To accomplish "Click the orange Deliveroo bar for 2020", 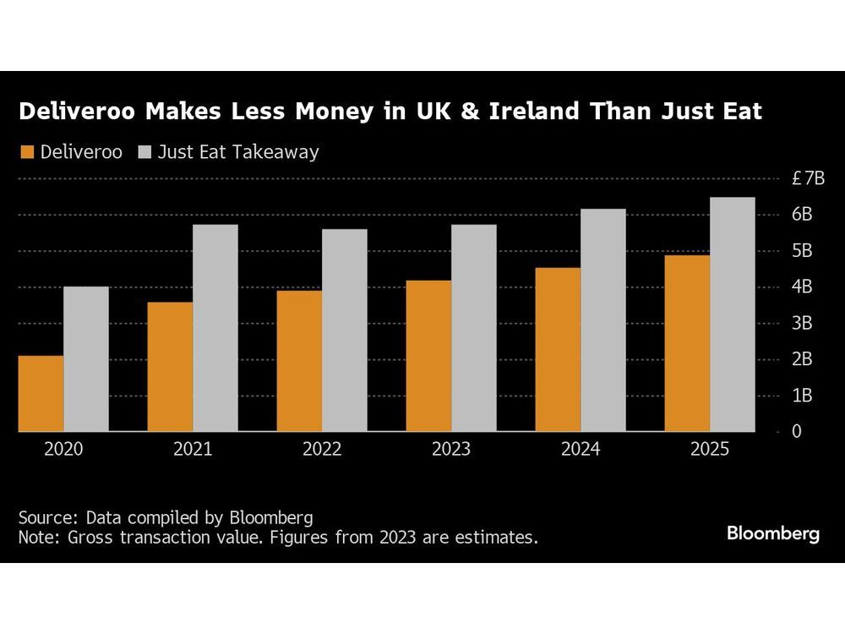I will click(x=41, y=393).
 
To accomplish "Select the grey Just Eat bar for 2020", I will click(x=86, y=359).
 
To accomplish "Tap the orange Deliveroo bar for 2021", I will click(x=170, y=367).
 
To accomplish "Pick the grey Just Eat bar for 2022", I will click(x=345, y=330).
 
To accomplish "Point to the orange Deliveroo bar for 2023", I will click(x=428, y=356).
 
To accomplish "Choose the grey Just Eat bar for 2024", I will click(x=603, y=320).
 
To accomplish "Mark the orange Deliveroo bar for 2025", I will click(x=687, y=343).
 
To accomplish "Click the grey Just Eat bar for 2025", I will click(x=733, y=314).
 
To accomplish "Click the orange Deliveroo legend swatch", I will click(x=26, y=153).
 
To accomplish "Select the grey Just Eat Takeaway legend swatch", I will click(x=143, y=153).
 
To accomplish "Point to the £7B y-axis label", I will click(x=808, y=178).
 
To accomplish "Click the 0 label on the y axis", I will click(x=796, y=431).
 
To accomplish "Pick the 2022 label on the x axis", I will click(x=322, y=450).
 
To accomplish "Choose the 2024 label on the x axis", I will click(x=581, y=450).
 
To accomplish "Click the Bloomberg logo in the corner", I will click(x=772, y=533).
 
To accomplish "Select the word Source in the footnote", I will click(x=44, y=517).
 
